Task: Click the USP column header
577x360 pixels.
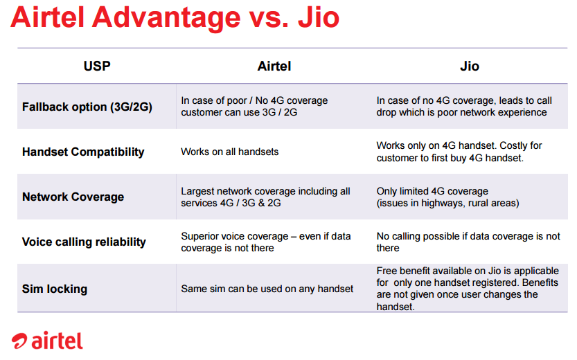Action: tap(97, 66)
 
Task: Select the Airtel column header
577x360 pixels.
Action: tap(274, 66)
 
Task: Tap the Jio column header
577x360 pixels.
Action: tap(470, 66)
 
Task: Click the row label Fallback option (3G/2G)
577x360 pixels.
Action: tap(87, 107)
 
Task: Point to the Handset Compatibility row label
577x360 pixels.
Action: tap(83, 152)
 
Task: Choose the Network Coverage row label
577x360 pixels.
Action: tap(73, 197)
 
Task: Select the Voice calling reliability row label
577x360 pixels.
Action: tap(84, 242)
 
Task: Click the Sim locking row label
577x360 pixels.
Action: tap(55, 289)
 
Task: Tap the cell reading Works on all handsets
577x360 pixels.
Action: tap(230, 152)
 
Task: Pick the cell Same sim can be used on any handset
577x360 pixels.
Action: tap(267, 289)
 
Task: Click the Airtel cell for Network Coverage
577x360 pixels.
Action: tap(265, 197)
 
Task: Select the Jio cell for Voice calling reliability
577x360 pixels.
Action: tap(468, 242)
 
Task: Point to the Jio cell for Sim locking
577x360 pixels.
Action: tap(468, 289)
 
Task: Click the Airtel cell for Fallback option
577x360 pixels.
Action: tap(254, 107)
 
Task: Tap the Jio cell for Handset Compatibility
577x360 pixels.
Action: tap(459, 152)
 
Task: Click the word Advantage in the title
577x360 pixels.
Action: tap(166, 17)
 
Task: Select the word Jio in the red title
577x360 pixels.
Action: tap(319, 17)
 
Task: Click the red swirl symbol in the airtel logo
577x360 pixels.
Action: tap(19, 341)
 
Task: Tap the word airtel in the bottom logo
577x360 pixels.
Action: tap(57, 340)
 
